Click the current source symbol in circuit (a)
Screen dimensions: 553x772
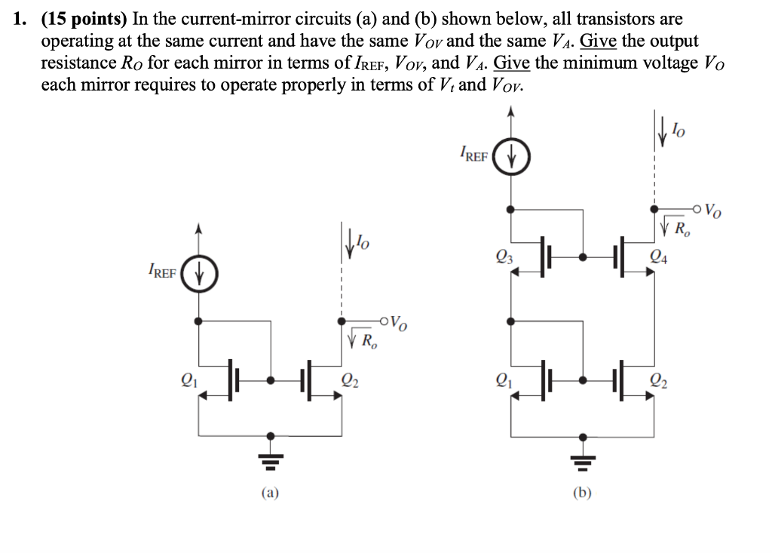pyautogui.click(x=199, y=274)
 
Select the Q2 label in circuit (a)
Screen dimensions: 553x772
pyautogui.click(x=348, y=380)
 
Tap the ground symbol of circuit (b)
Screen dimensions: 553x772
pyautogui.click(x=581, y=455)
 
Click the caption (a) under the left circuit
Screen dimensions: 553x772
pyautogui.click(x=270, y=494)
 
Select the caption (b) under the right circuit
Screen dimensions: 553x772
pyautogui.click(x=581, y=494)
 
